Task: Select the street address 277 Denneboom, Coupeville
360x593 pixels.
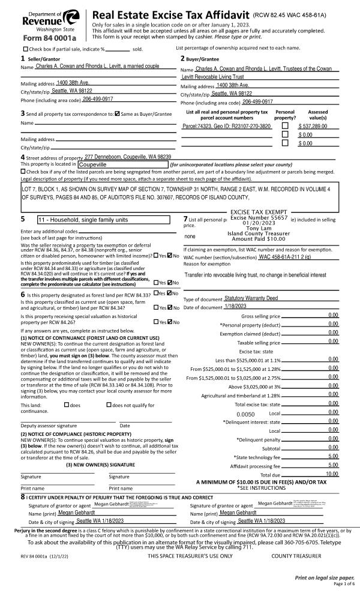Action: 128,156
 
